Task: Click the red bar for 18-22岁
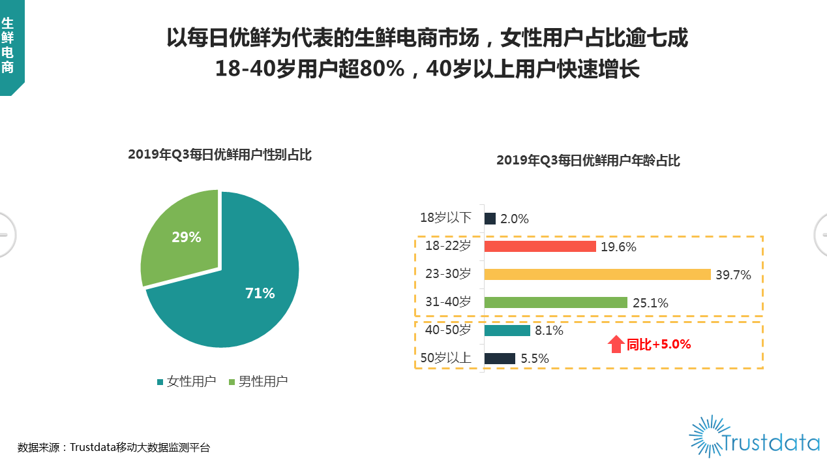pyautogui.click(x=540, y=246)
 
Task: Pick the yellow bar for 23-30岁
pyautogui.click(x=597, y=274)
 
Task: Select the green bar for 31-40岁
pyautogui.click(x=556, y=302)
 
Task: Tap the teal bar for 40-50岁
pyautogui.click(x=507, y=330)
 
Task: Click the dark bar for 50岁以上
pyautogui.click(x=500, y=358)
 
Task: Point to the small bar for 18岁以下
pyautogui.click(x=490, y=219)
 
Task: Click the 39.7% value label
pyautogui.click(x=733, y=275)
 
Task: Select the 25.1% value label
pyautogui.click(x=650, y=303)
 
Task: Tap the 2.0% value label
pyautogui.click(x=515, y=219)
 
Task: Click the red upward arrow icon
pyautogui.click(x=616, y=344)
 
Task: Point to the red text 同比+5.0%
pyautogui.click(x=659, y=345)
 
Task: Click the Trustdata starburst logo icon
pyautogui.click(x=709, y=436)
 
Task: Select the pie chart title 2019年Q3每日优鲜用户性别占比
pyautogui.click(x=220, y=155)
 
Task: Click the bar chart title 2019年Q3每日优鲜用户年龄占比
pyautogui.click(x=588, y=161)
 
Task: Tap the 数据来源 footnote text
pyautogui.click(x=113, y=448)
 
